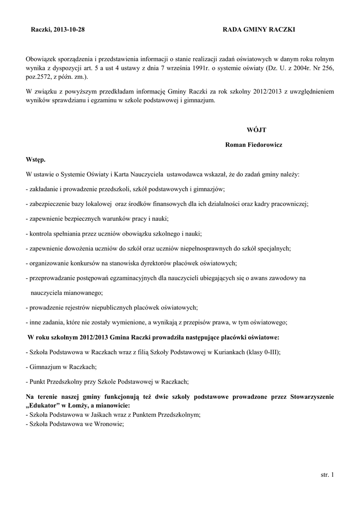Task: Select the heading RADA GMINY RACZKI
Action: click(259, 30)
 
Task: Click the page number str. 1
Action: click(328, 475)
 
